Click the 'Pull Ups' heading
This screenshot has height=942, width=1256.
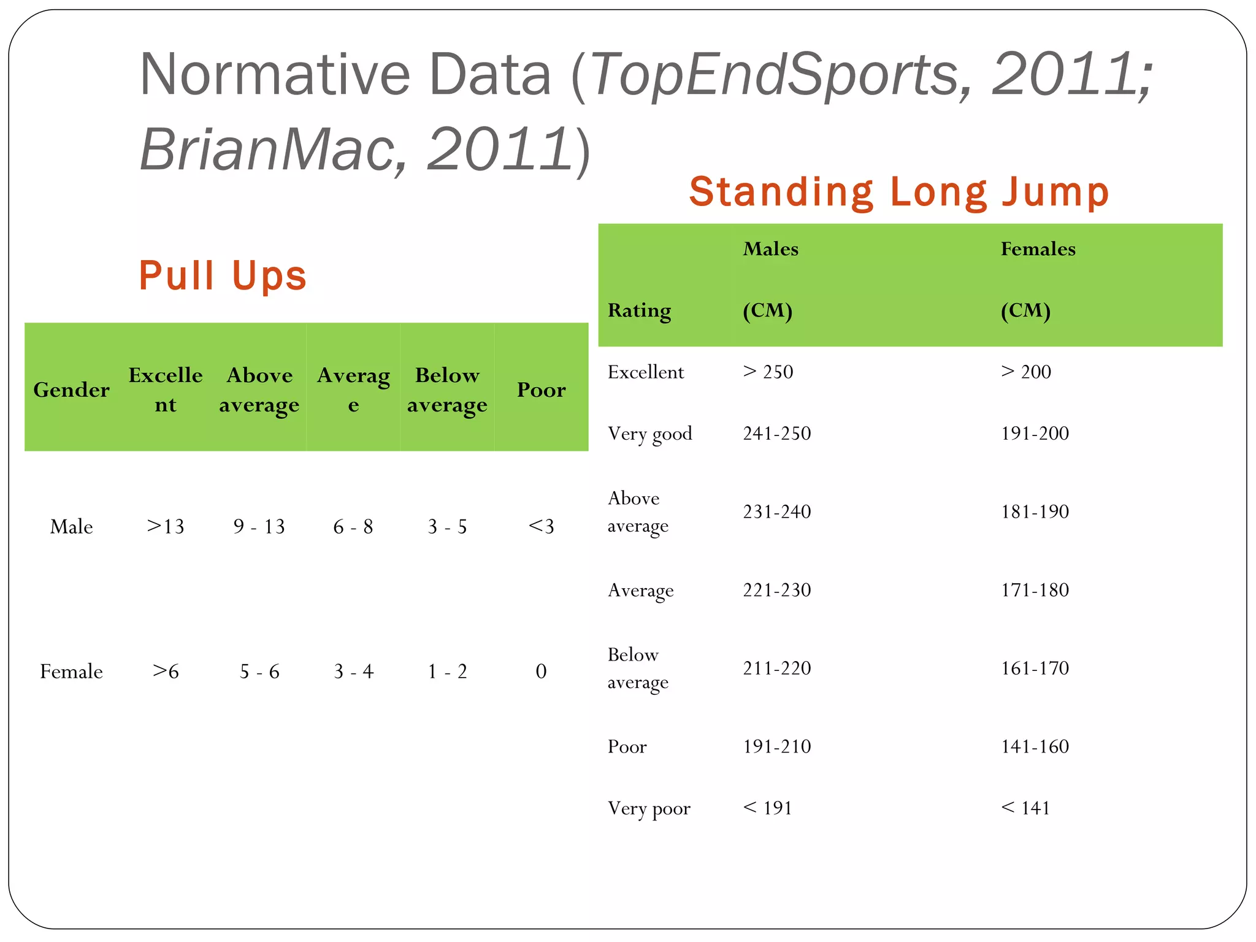click(x=223, y=276)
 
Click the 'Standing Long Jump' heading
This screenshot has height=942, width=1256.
click(x=899, y=192)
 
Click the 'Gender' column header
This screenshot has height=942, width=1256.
click(x=71, y=390)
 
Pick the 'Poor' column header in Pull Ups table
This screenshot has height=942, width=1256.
click(x=541, y=390)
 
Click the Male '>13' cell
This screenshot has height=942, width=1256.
click(x=165, y=526)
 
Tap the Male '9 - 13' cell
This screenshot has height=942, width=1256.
click(x=259, y=526)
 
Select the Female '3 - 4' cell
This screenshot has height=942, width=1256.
click(x=353, y=672)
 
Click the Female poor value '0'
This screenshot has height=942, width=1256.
click(x=541, y=672)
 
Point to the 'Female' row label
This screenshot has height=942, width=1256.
click(x=71, y=672)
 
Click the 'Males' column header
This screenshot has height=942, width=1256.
click(x=770, y=249)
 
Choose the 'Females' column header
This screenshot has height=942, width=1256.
click(x=1038, y=249)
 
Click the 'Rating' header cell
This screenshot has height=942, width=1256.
click(x=639, y=311)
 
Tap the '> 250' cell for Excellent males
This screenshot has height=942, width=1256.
click(x=768, y=372)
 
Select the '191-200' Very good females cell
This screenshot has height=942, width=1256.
click(x=1035, y=434)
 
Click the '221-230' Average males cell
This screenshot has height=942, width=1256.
click(x=776, y=590)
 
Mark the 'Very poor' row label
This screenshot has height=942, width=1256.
click(x=649, y=808)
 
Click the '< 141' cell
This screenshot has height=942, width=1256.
click(x=1025, y=808)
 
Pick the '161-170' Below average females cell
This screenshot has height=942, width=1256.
click(x=1035, y=668)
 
